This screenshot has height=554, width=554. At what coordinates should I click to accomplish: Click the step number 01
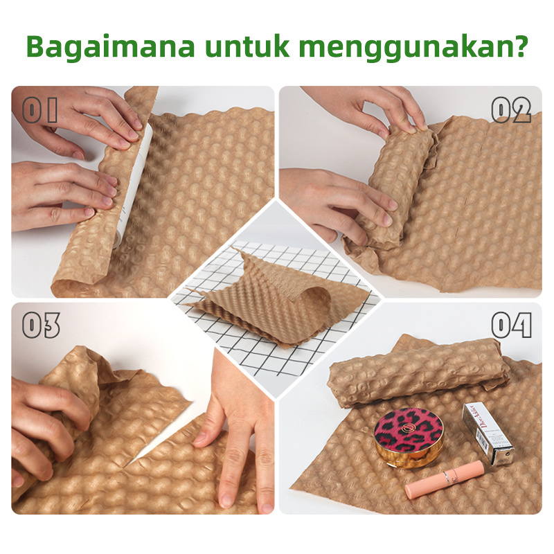(x=40, y=111)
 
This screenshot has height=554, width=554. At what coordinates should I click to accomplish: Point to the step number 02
(x=510, y=110)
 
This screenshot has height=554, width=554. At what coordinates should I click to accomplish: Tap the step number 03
(x=41, y=325)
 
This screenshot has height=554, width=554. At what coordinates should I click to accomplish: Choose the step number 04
(x=510, y=325)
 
